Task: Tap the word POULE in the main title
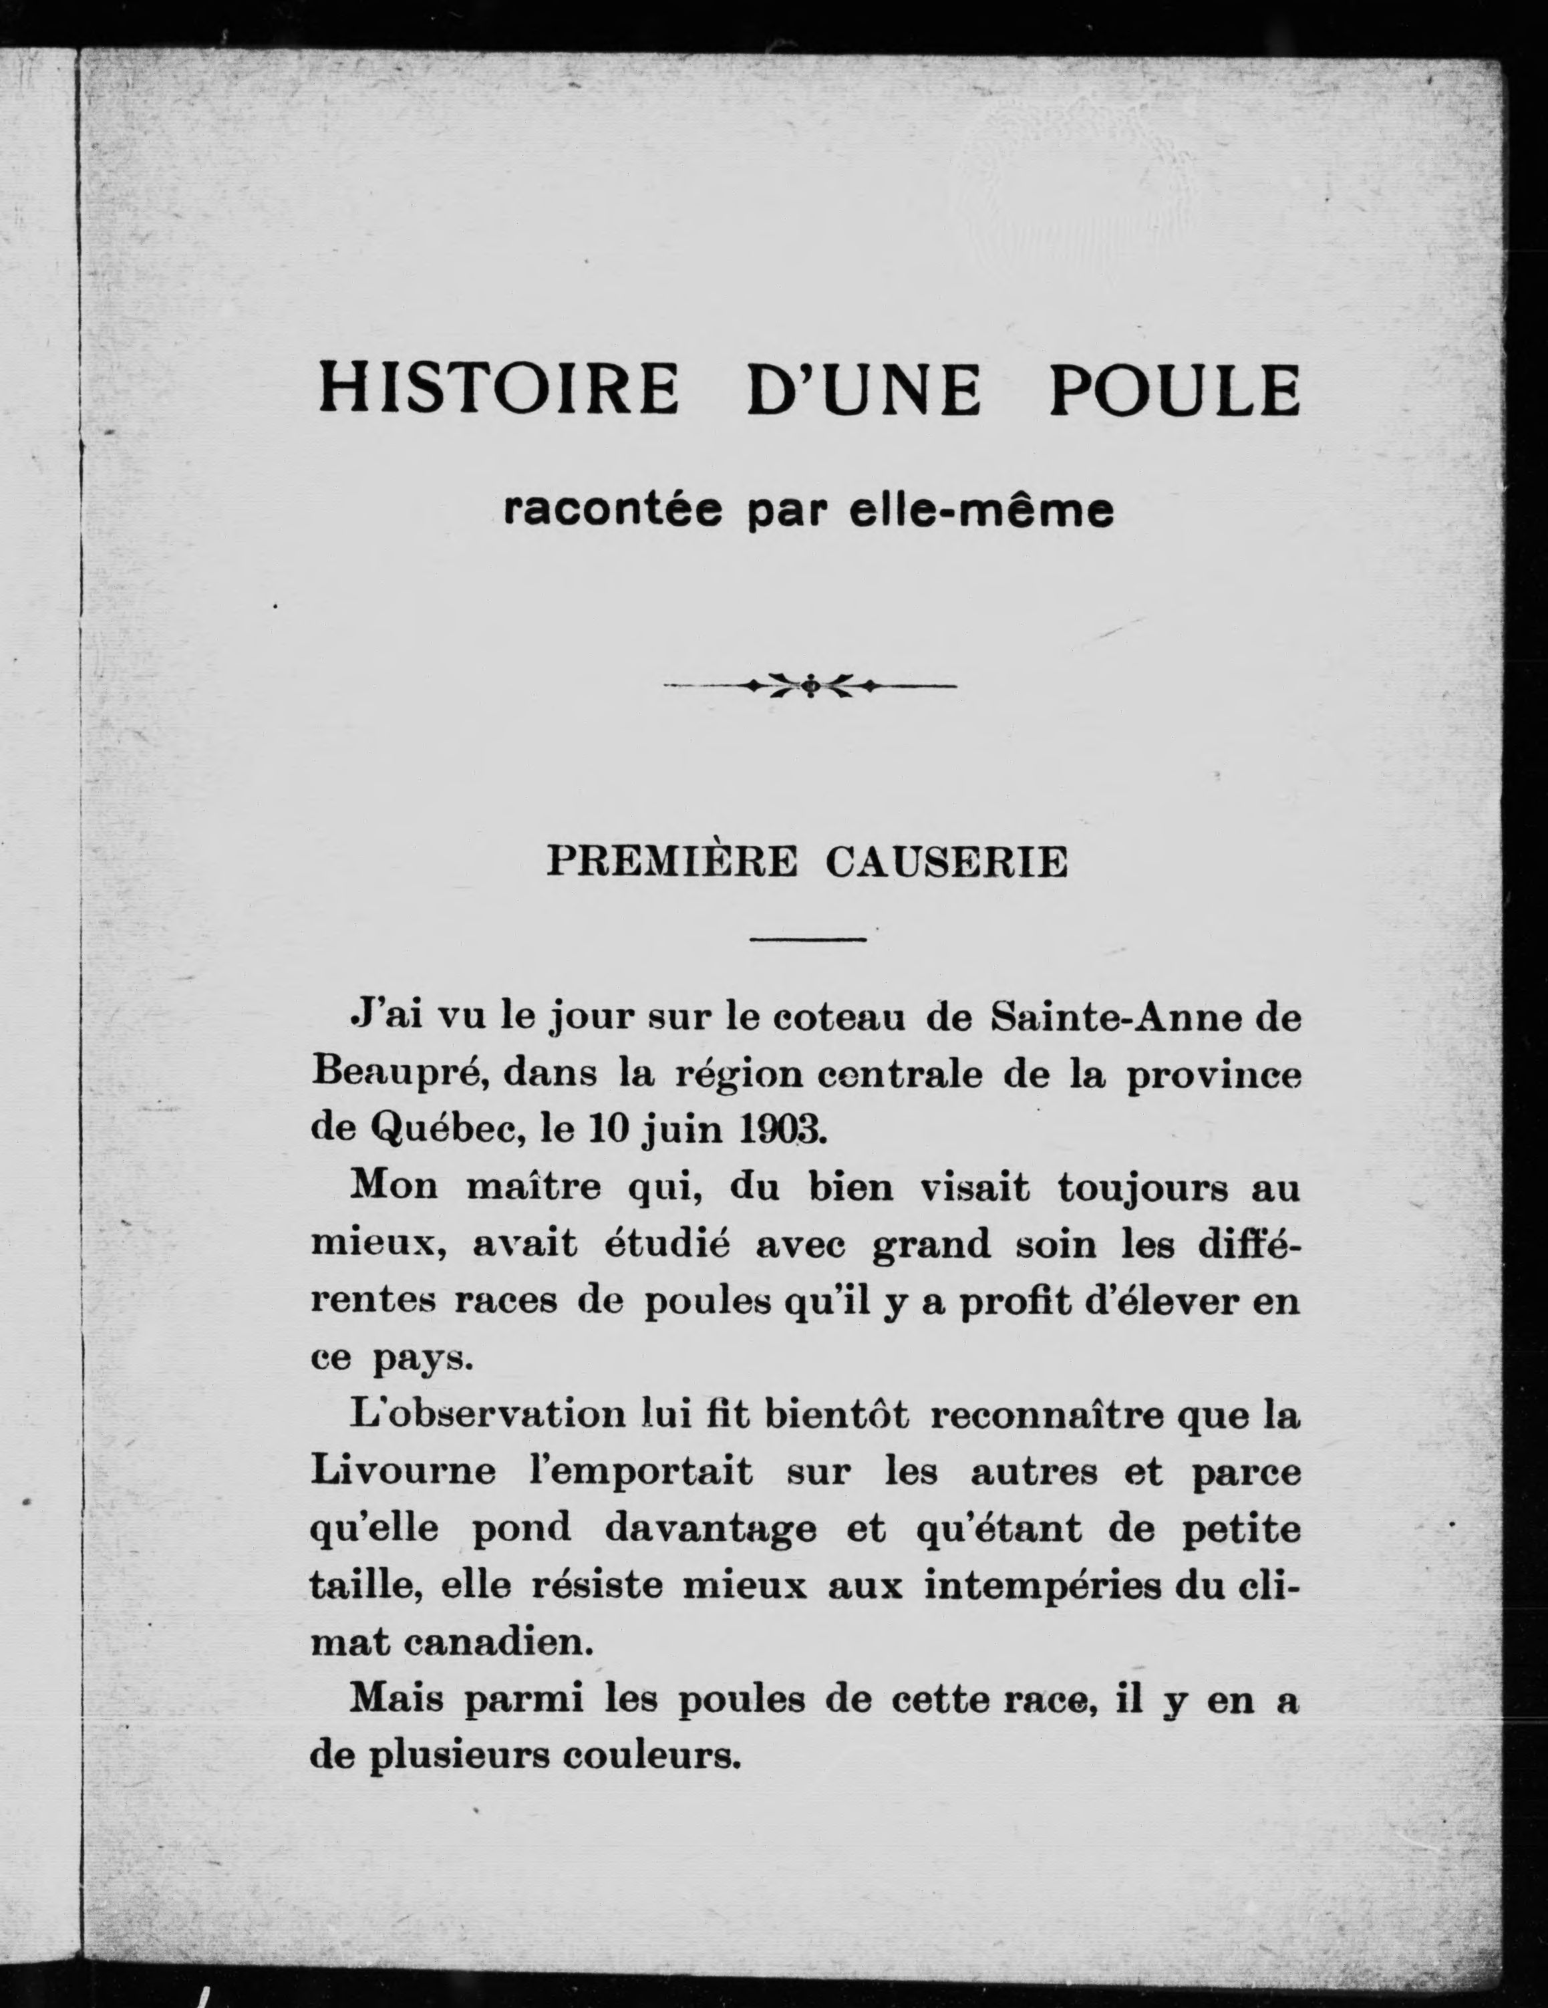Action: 1174,389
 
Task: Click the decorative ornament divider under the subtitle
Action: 810,685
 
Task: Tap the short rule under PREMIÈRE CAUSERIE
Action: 809,939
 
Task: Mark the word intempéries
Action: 1042,1586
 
